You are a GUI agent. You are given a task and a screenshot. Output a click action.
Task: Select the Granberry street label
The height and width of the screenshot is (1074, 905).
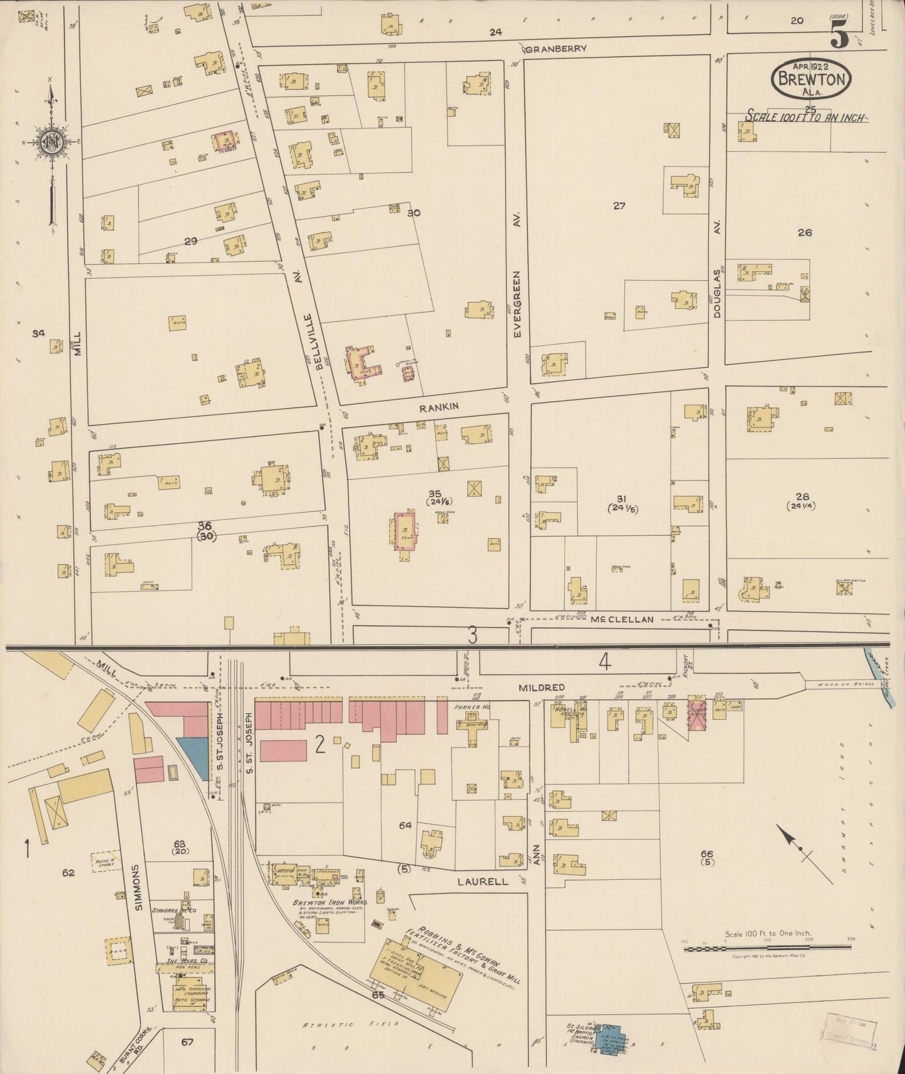tap(557, 49)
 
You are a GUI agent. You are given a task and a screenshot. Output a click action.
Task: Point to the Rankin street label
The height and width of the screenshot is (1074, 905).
tap(439, 407)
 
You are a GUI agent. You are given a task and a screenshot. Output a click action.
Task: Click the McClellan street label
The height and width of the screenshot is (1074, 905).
tap(623, 619)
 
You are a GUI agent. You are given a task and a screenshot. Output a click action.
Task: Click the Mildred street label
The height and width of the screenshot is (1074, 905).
tap(542, 687)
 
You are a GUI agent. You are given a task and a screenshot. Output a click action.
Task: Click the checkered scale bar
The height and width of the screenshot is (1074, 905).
tap(767, 949)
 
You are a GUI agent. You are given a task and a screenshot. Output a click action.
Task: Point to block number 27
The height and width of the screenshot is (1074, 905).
tap(619, 206)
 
